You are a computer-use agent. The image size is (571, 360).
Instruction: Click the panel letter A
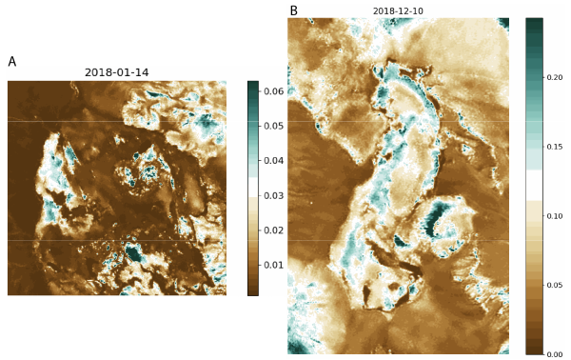pos(12,62)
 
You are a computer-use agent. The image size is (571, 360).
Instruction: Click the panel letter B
pos(294,11)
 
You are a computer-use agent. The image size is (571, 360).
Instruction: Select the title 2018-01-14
pos(116,72)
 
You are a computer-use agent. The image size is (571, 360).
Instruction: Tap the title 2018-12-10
pos(398,10)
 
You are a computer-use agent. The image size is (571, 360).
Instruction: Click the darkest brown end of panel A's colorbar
pos(252,291)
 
